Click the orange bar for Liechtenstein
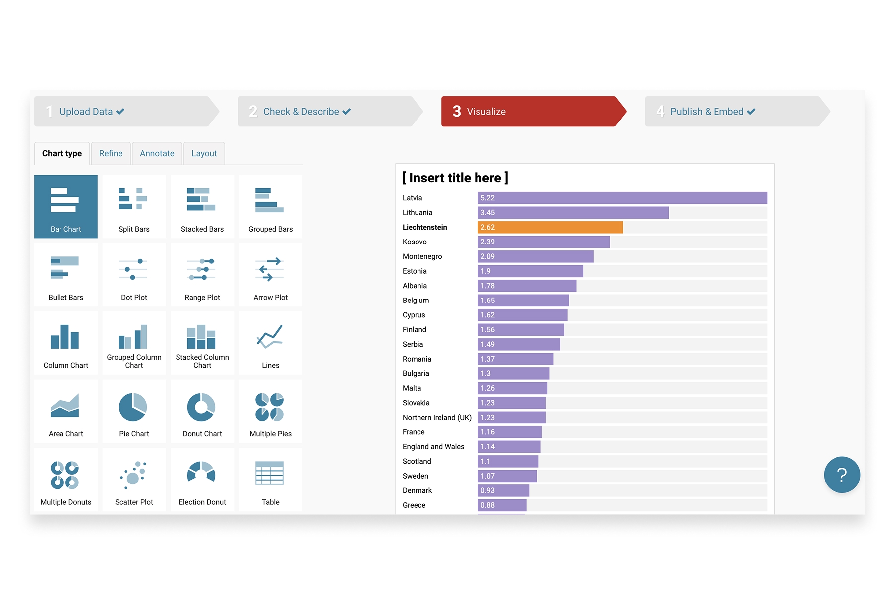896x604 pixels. pyautogui.click(x=550, y=227)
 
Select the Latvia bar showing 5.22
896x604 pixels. pyautogui.click(x=622, y=198)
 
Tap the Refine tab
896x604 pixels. pyautogui.click(x=111, y=153)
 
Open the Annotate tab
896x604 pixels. pyautogui.click(x=157, y=153)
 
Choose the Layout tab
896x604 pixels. pyautogui.click(x=204, y=153)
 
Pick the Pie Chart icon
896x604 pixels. pyautogui.click(x=133, y=412)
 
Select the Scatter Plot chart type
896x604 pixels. pyautogui.click(x=134, y=480)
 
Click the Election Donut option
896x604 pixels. pyautogui.click(x=202, y=480)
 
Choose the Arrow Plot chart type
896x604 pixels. pyautogui.click(x=270, y=275)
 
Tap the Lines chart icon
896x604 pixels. pyautogui.click(x=270, y=344)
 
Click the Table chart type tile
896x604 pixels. pyautogui.click(x=270, y=480)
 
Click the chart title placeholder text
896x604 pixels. pyautogui.click(x=455, y=178)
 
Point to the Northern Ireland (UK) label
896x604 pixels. pyautogui.click(x=437, y=418)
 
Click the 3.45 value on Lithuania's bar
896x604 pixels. pyautogui.click(x=487, y=213)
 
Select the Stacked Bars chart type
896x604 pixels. pyautogui.click(x=202, y=207)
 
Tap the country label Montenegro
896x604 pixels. pyautogui.click(x=422, y=256)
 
